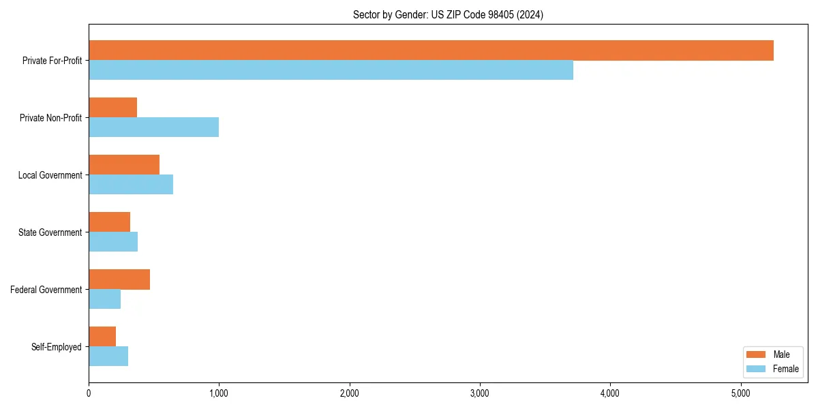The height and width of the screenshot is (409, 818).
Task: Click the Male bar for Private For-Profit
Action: pos(431,50)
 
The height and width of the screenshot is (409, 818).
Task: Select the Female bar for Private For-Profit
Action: pos(331,70)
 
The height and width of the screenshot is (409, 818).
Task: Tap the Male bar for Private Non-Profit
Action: pos(112,108)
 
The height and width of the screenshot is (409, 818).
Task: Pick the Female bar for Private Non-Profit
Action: pos(153,127)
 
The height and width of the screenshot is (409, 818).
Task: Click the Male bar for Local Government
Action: pos(124,165)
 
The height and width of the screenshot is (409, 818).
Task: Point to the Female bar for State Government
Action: pos(113,242)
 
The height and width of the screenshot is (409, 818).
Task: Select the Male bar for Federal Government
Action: pos(119,279)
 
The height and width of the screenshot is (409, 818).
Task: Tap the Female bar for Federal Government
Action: pos(104,299)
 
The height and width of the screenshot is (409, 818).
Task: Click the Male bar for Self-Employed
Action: pos(102,337)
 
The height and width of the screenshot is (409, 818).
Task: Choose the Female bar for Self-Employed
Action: pos(108,357)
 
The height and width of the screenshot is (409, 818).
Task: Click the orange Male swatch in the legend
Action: pos(757,354)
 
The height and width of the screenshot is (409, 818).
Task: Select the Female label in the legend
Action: pos(786,369)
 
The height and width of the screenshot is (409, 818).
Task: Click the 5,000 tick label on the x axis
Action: pos(740,393)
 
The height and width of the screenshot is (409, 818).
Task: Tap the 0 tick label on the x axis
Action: pos(89,393)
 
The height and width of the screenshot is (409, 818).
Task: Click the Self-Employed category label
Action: pos(57,347)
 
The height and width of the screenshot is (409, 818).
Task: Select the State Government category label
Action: pos(50,232)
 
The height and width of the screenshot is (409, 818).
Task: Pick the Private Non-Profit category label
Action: pos(51,118)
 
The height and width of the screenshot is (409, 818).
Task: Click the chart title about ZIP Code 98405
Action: pos(448,15)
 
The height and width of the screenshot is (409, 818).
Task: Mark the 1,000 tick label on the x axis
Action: pos(219,393)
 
